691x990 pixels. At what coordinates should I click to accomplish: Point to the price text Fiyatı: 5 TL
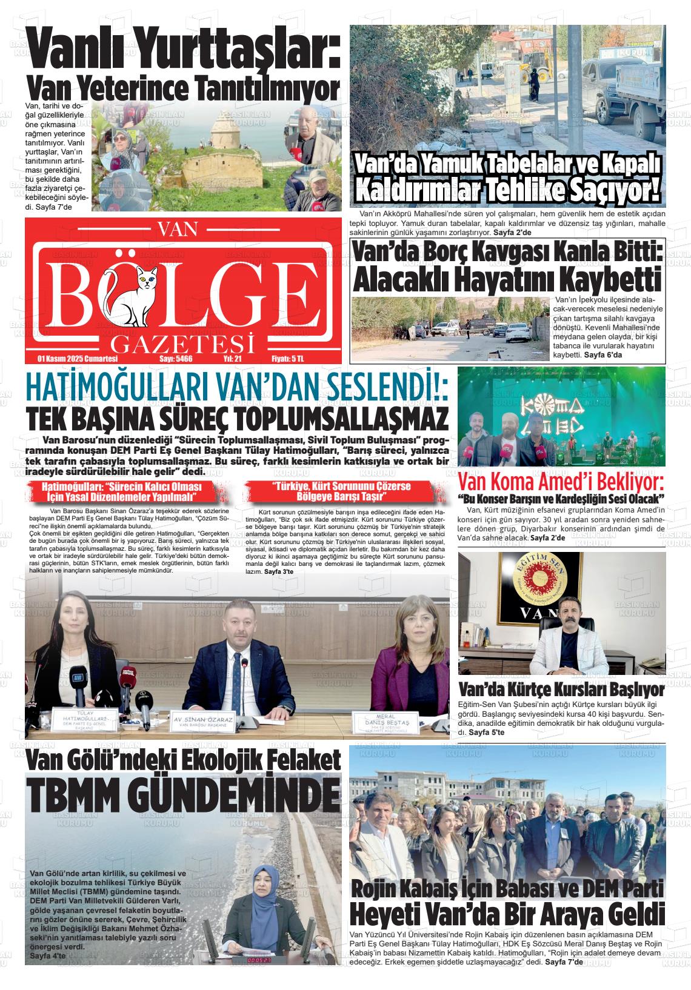click(x=287, y=359)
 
